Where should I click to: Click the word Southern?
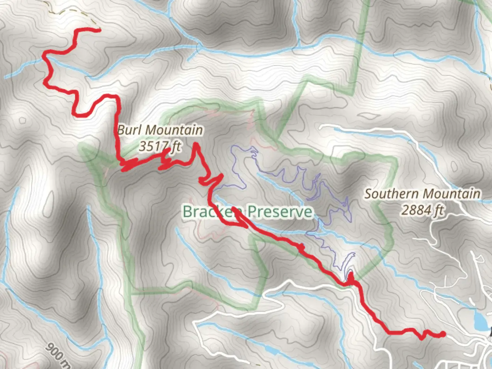click(391, 194)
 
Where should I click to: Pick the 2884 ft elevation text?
click(422, 210)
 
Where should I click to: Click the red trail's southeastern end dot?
click(443, 334)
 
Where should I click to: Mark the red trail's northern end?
click(99, 30)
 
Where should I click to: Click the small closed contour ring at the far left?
click(23, 120)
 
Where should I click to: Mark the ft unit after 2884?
click(438, 210)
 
